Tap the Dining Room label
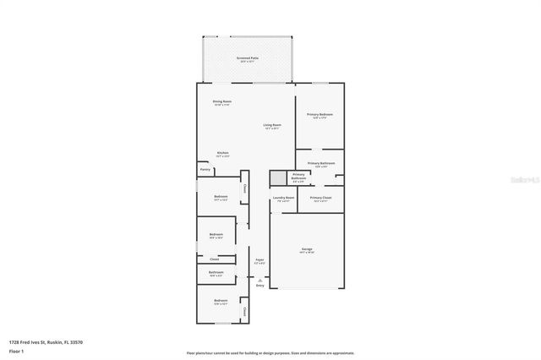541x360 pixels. (x=222, y=102)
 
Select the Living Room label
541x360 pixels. (x=272, y=126)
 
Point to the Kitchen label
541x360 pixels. (x=222, y=154)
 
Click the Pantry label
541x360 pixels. (x=205, y=170)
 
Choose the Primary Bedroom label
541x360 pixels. (x=320, y=115)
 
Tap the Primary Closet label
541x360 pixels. (x=321, y=199)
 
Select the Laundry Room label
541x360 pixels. (x=283, y=199)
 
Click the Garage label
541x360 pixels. (x=307, y=250)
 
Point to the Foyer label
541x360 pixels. (x=260, y=261)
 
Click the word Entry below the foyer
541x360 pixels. (x=260, y=286)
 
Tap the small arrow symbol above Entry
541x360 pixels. (x=260, y=280)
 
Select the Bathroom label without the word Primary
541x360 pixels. (x=216, y=274)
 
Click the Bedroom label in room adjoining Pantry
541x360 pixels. (x=220, y=198)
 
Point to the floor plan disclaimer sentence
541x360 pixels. (x=270, y=353)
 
